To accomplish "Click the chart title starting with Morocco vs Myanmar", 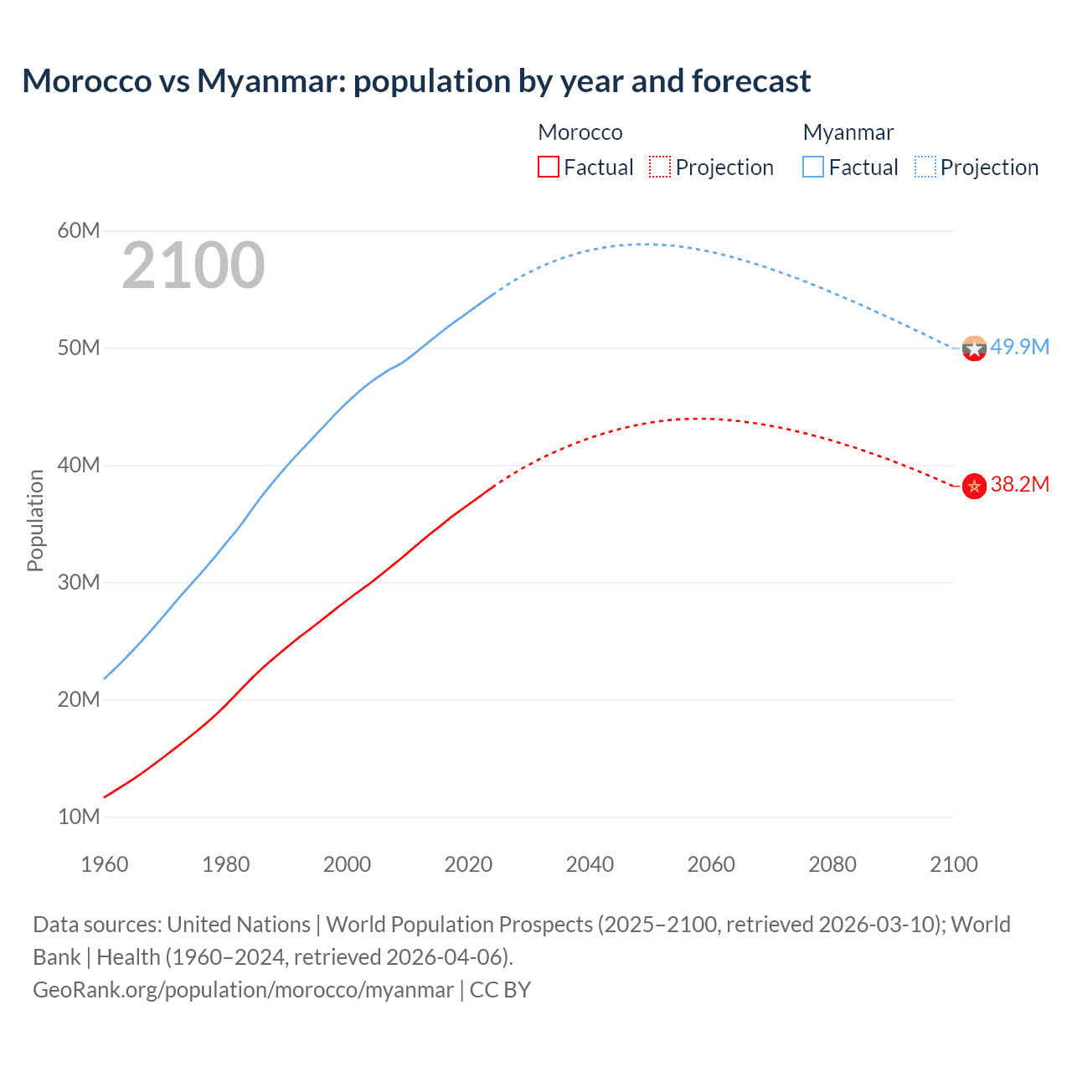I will click(416, 81).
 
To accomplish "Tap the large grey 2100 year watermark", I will click(193, 266).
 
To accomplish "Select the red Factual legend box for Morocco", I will click(548, 167).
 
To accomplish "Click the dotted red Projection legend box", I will click(660, 167).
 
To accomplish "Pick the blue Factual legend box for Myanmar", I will click(813, 167).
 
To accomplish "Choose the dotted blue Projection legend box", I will click(925, 167).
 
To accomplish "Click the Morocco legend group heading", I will click(580, 132).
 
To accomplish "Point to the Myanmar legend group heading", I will click(848, 132).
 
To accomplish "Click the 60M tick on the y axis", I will click(79, 230).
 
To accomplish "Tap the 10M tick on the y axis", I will click(79, 817).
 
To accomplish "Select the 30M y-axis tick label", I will click(79, 582).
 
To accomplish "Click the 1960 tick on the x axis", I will click(105, 864).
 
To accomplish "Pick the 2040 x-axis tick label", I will click(590, 864).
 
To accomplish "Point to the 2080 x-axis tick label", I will click(832, 864).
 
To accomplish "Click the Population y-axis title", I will click(35, 520).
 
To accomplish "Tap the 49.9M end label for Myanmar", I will click(1019, 347).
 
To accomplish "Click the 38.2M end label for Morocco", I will click(1019, 484).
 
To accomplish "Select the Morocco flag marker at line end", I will click(974, 486).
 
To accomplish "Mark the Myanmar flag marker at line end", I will click(974, 348).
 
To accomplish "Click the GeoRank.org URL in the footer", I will click(243, 990).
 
